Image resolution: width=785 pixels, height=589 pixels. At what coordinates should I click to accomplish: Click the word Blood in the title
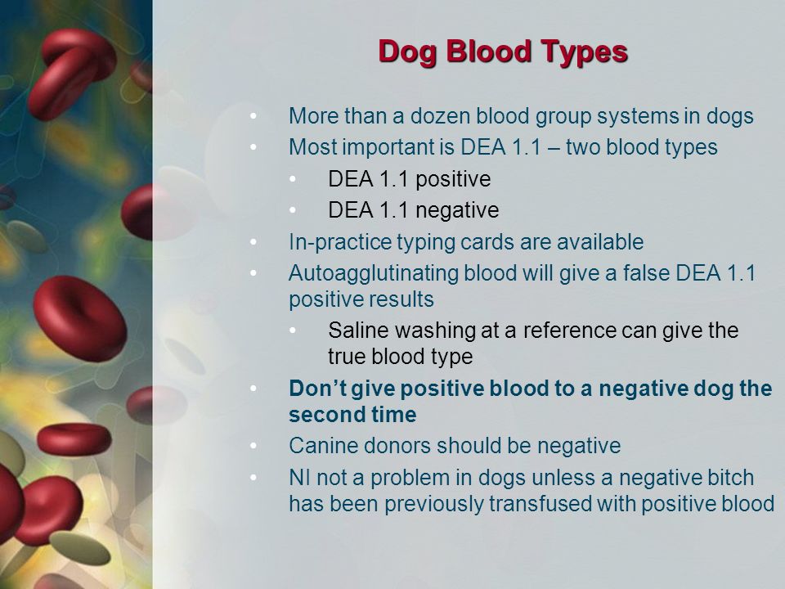coord(487,52)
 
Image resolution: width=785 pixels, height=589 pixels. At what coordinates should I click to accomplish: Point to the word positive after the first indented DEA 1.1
coord(453,180)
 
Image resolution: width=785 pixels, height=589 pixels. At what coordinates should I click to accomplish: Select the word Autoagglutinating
coord(374,274)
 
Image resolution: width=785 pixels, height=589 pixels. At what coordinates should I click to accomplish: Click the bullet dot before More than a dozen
coord(253,116)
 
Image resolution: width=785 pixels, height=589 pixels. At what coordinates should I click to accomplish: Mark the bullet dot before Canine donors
coord(253,446)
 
